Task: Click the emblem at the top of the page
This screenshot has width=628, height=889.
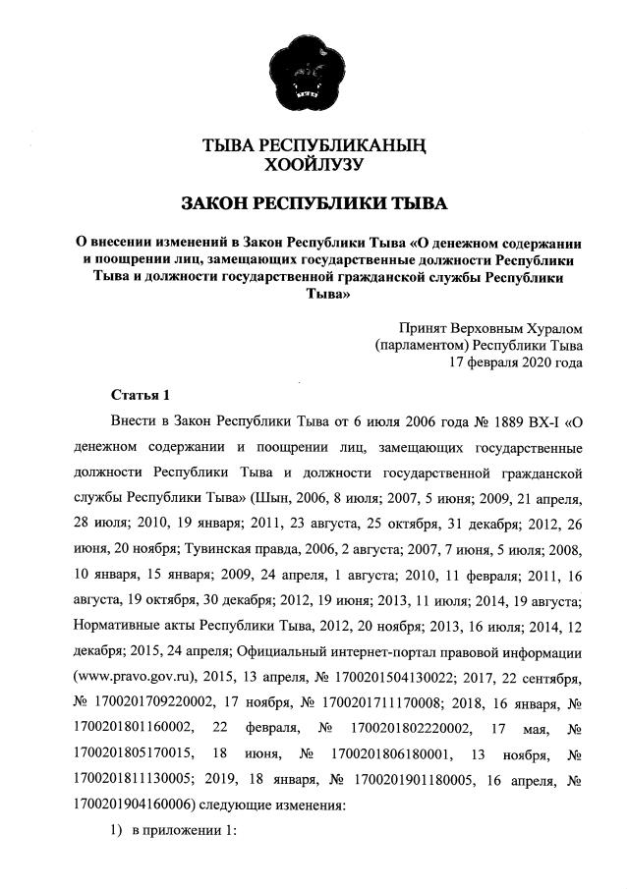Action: pos(314,70)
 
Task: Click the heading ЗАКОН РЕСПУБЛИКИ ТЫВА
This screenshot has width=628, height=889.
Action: pos(314,203)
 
